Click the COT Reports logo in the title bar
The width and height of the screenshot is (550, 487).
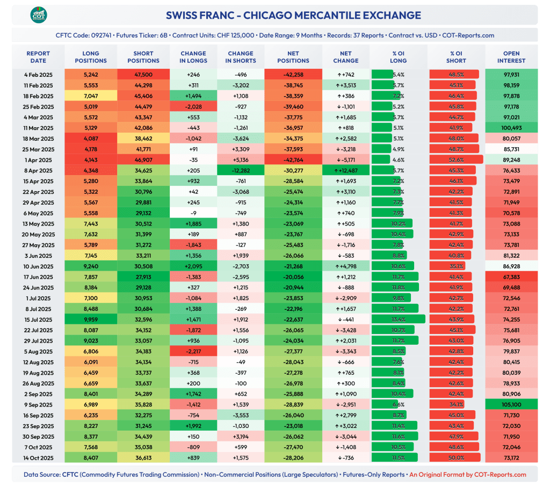pyautogui.click(x=39, y=15)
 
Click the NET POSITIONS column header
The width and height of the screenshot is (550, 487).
pyautogui.click(x=293, y=57)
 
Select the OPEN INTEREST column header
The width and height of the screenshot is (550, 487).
pyautogui.click(x=511, y=57)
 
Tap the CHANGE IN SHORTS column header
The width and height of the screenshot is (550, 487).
pyautogui.click(x=240, y=57)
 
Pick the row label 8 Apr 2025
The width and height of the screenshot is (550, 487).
pyautogui.click(x=39, y=171)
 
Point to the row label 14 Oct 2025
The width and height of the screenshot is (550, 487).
pyautogui.click(x=39, y=458)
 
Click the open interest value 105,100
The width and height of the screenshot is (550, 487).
pyautogui.click(x=511, y=405)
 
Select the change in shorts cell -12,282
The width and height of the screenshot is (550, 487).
pyautogui.click(x=240, y=171)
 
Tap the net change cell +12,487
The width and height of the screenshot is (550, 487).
pyautogui.click(x=346, y=171)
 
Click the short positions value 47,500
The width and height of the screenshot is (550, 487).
pyautogui.click(x=143, y=75)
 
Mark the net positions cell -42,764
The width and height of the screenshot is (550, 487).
pyautogui.click(x=293, y=160)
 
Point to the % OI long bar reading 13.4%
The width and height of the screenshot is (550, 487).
pyautogui.click(x=398, y=319)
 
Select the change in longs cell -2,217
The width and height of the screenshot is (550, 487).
pyautogui.click(x=193, y=352)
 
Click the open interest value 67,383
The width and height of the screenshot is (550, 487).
pyautogui.click(x=511, y=277)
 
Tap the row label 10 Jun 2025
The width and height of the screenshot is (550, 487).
pyautogui.click(x=39, y=266)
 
